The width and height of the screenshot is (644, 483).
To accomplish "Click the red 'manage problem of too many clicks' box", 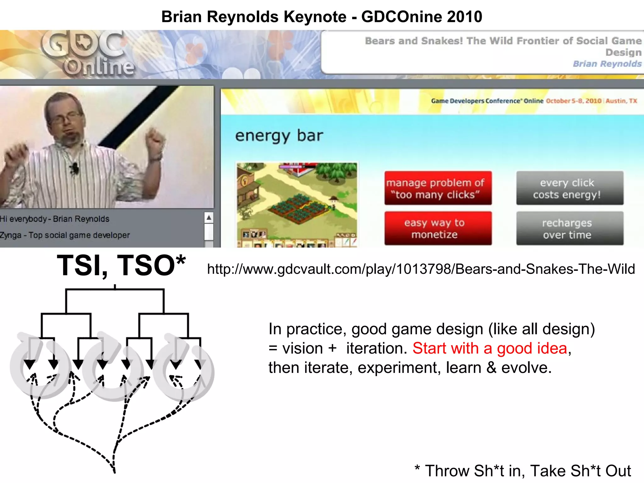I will pyautogui.click(x=438, y=188).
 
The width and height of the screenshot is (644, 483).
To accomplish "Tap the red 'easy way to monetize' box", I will pyautogui.click(x=438, y=228).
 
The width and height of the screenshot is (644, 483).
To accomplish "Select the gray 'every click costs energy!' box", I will pyautogui.click(x=569, y=188).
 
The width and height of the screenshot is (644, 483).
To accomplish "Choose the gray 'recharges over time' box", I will pyautogui.click(x=569, y=228).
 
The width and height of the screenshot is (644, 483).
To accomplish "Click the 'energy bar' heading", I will pyautogui.click(x=279, y=136).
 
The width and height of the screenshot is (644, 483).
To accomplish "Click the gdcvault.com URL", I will pyautogui.click(x=421, y=269).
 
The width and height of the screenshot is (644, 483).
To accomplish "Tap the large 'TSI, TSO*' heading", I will pyautogui.click(x=121, y=265).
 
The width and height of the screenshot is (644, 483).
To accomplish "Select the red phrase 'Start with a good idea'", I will pyautogui.click(x=490, y=348).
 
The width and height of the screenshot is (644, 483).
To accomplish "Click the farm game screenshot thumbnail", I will pyautogui.click(x=297, y=204).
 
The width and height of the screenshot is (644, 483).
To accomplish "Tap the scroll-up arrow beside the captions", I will pyautogui.click(x=209, y=218).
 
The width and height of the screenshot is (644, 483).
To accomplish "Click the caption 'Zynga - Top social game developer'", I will pyautogui.click(x=65, y=235).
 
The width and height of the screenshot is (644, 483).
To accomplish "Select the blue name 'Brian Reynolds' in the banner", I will pyautogui.click(x=607, y=64).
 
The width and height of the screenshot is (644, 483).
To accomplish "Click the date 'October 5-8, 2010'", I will pyautogui.click(x=574, y=101).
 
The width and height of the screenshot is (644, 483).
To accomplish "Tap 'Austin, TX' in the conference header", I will pyautogui.click(x=621, y=101).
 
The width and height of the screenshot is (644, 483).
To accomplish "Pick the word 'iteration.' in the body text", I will pyautogui.click(x=377, y=348).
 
